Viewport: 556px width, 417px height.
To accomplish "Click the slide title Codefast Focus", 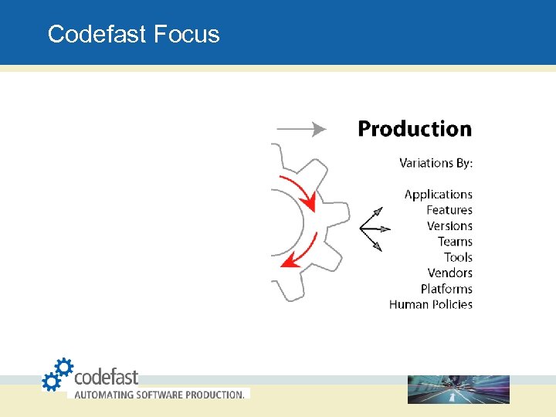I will coord(133,34).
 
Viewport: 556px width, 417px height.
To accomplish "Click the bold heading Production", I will coord(414,129).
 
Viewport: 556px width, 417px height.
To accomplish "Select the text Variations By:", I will coord(436,163).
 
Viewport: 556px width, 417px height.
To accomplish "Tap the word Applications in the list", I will coord(438,195).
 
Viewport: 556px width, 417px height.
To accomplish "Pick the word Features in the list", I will coord(449,210).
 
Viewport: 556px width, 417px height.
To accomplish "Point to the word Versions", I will coord(449,226).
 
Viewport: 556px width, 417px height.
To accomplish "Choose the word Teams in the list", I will coord(455,242).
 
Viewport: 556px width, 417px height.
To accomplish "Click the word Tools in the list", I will coord(458,257).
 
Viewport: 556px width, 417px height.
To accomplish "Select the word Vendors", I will coord(449,273).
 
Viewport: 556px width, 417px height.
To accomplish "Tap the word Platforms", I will coord(446,289).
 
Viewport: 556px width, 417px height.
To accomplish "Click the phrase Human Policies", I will coord(430,304).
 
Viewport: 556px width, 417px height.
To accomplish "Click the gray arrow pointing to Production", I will coord(301,129).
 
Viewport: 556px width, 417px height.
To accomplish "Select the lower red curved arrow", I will coord(300,252).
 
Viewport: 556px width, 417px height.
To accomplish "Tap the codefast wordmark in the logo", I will coord(106,377).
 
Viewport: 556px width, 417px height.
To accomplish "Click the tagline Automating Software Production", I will coord(159,394).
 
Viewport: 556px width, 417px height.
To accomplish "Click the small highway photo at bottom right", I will coord(458,389).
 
